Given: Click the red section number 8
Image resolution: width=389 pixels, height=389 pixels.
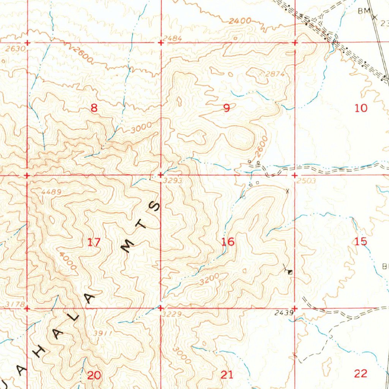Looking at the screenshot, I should coord(94,109).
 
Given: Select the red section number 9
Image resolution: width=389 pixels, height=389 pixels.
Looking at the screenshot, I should coord(226,109).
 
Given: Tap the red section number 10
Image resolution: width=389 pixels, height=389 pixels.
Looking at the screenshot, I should coord(361,108).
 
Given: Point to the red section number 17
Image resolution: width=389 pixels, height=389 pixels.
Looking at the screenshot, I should coord(94,242).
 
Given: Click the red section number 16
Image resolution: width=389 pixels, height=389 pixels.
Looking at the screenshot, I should coord(228,242).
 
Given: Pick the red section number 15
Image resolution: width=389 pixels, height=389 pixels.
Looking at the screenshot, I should coord(361,241).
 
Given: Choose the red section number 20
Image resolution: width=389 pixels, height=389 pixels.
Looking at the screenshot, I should coord(94,376).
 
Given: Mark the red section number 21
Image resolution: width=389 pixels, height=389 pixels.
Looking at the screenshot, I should coord(227,375).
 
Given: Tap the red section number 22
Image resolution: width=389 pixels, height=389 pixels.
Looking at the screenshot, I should coord(361,373).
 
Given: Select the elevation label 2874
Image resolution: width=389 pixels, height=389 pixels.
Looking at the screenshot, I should coord(275,74).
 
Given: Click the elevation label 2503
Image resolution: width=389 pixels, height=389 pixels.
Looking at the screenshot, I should coord(306,181).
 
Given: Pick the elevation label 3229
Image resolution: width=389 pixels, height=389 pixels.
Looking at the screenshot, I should coord(172,314).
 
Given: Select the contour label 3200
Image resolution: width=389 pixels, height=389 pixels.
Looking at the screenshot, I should coord(209,280).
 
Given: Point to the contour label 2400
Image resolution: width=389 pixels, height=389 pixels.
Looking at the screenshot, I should coord(240,21).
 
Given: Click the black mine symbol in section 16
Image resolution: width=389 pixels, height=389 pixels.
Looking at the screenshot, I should coord(290,272).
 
